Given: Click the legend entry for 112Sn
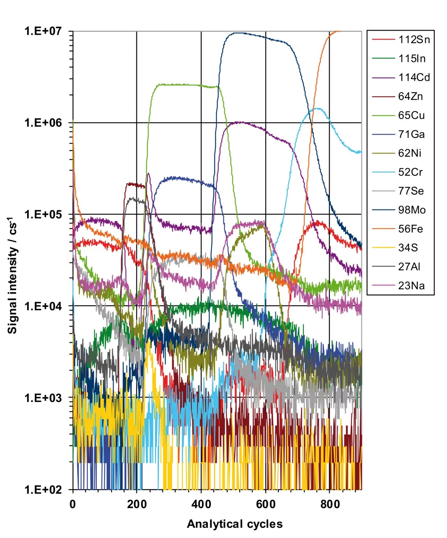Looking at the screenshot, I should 414,39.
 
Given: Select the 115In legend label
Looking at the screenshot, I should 412,58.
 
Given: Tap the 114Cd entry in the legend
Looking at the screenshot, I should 414,77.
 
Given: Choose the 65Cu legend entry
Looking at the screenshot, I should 411,115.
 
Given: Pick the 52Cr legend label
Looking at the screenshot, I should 410,172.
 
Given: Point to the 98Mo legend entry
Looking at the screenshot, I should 412,210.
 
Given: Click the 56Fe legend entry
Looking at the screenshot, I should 410,229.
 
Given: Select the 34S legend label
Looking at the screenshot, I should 408,248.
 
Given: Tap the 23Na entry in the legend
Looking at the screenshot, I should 411,286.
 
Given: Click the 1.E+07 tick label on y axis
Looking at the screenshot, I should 43,31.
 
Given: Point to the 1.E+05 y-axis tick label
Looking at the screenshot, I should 43,214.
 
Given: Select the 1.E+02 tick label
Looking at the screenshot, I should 43,489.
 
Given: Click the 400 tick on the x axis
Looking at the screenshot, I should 201,504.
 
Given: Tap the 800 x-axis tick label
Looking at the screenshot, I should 330,504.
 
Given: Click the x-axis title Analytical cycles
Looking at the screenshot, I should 235,524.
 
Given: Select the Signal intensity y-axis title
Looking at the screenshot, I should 13,276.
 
